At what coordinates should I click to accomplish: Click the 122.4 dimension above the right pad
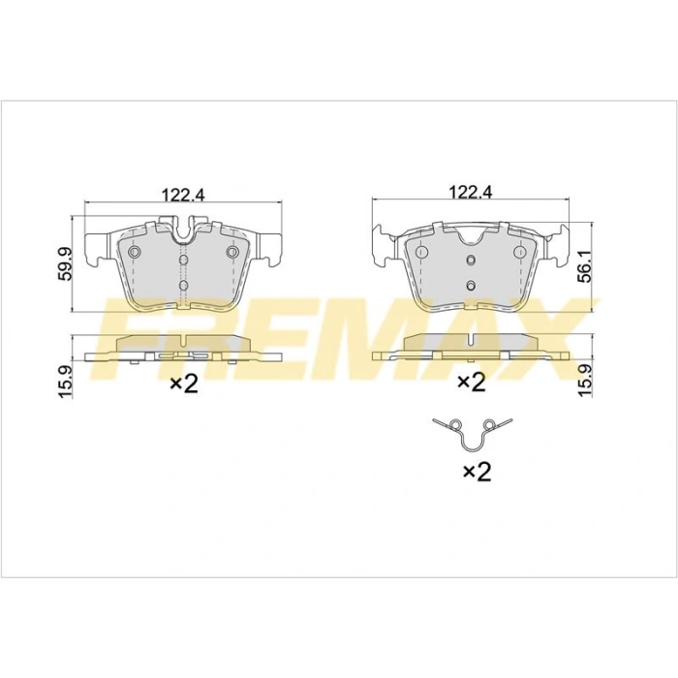pos(471,192)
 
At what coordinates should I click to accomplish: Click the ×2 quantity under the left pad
pos(184,385)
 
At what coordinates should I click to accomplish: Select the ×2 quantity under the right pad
pos(471,383)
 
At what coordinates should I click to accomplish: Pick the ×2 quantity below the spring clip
pos(477,472)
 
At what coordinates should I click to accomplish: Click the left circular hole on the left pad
pos(135,253)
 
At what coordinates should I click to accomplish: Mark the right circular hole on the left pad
pos(231,253)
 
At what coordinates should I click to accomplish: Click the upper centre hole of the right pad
pos(470,261)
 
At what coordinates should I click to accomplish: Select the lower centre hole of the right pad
pos(470,285)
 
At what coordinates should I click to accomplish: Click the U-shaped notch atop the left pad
pos(183,232)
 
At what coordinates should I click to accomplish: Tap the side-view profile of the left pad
pos(183,347)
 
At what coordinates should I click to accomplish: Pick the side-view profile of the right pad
pos(471,347)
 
